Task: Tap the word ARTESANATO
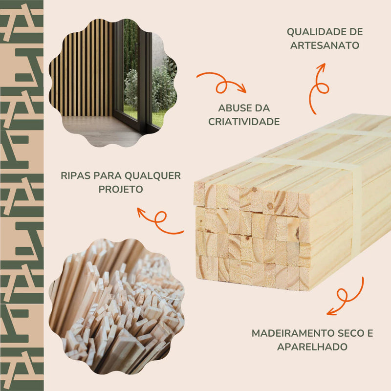(325, 45)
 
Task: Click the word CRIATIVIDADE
(244, 122)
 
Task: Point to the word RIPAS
(76, 175)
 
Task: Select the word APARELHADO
(312, 347)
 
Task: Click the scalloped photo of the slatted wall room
(112, 81)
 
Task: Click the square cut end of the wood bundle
(249, 235)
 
